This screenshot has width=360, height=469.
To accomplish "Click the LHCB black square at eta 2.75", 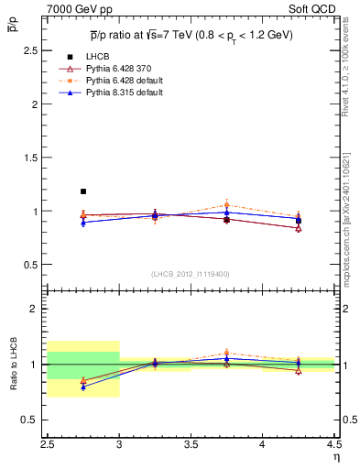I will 83,191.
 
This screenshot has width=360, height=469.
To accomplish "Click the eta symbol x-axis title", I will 335,456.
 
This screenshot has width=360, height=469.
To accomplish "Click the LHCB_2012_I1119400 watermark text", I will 191,273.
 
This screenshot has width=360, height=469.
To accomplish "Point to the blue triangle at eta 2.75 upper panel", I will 83,223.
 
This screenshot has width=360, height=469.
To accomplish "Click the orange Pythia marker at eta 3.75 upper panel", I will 226,205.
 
